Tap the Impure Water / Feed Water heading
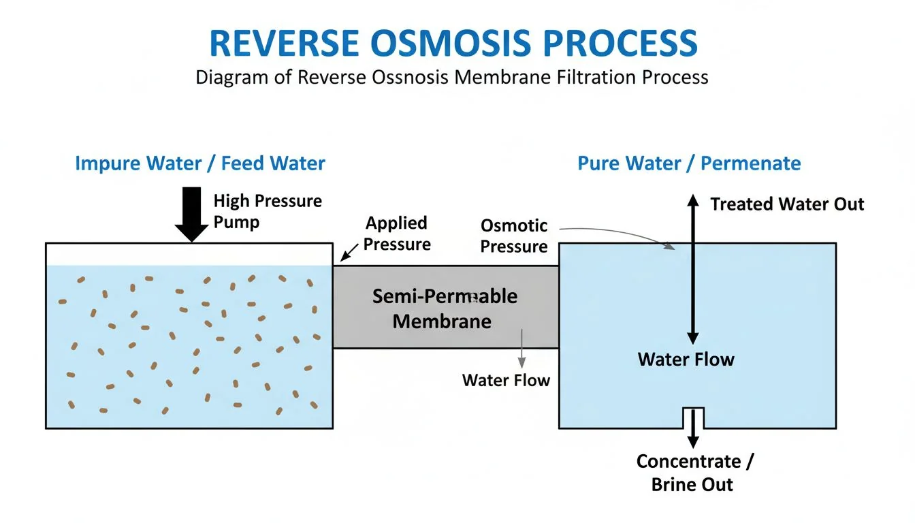click(x=200, y=163)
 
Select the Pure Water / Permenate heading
click(x=689, y=163)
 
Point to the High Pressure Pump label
click(x=267, y=211)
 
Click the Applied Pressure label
click(x=396, y=233)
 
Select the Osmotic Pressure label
click(x=513, y=236)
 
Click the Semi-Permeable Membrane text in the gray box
click(x=444, y=308)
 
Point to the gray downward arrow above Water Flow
click(x=522, y=349)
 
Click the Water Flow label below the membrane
click(x=505, y=380)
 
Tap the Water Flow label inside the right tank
click(x=686, y=359)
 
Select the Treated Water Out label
click(x=787, y=204)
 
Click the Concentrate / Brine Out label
click(x=694, y=473)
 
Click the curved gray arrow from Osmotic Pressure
click(x=620, y=233)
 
